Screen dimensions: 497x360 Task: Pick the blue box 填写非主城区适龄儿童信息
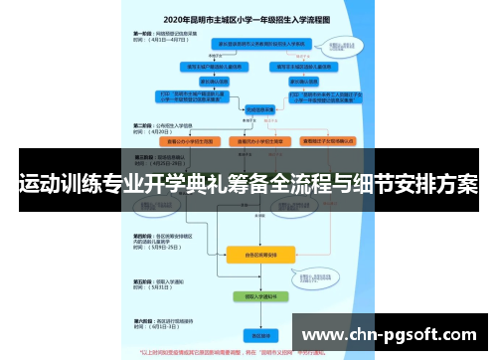click(x=302, y=66)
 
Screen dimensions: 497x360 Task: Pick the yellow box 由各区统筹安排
click(x=261, y=254)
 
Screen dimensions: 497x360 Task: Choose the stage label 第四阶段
click(x=144, y=235)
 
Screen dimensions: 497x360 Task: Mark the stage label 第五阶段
click(x=144, y=281)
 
